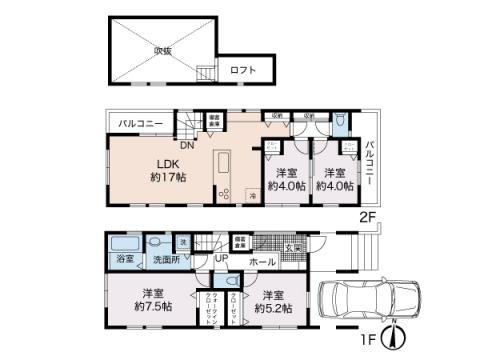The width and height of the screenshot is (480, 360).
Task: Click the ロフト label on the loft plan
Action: [243, 70]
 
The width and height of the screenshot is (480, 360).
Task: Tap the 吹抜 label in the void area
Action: [163, 48]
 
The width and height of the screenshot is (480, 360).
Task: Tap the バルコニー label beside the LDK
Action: [142, 123]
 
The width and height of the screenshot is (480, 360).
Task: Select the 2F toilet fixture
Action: [341, 123]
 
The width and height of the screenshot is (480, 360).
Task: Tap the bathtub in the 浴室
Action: [124, 244]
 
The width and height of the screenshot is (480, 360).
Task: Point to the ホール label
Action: [263, 261]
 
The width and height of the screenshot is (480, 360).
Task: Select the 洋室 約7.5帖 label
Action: [153, 301]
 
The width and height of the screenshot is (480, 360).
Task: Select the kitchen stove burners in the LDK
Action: [223, 193]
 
